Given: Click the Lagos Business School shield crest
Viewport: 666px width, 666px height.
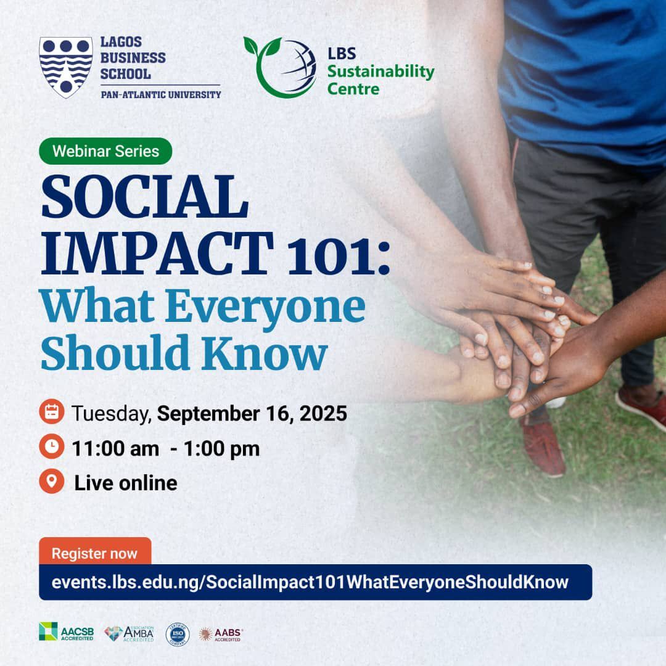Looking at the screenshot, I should coord(66,67).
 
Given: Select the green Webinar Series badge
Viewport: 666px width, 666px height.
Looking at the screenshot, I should coord(105,151).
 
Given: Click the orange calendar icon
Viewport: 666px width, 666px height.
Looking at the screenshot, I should coord(52,413).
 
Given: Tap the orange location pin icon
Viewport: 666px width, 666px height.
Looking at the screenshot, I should coord(52,482).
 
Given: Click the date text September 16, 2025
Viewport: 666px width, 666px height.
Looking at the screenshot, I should coord(252,413).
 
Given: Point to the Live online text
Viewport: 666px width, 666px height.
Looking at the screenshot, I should coord(126,483).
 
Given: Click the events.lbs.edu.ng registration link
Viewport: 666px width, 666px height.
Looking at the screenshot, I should coord(310,582).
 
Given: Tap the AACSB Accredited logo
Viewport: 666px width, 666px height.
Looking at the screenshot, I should coord(66,633).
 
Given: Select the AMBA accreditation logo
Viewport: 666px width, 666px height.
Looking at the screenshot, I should coord(129,633).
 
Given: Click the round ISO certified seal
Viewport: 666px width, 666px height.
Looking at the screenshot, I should coord(178,634).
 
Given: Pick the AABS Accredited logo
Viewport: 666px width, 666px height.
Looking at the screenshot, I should coord(221,634).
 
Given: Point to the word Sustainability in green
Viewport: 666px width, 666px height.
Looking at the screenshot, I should coord(380,72).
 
